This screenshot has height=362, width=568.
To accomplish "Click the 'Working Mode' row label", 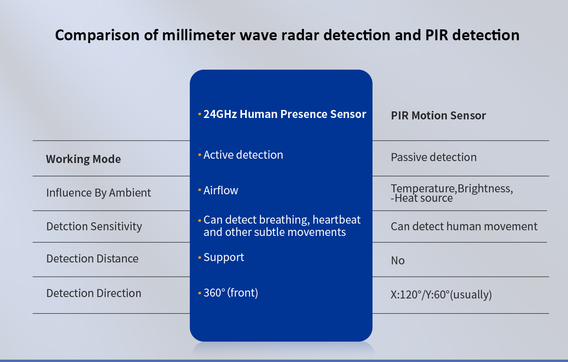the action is pyautogui.click(x=83, y=159).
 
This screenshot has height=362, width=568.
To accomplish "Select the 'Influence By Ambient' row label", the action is pyautogui.click(x=98, y=193).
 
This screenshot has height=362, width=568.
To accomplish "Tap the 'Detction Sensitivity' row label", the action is pyautogui.click(x=94, y=226).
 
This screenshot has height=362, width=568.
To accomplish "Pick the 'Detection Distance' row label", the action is pyautogui.click(x=92, y=259).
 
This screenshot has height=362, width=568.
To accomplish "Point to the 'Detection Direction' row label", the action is pyautogui.click(x=94, y=293).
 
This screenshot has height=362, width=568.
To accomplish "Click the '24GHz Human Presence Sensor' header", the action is pyautogui.click(x=285, y=114).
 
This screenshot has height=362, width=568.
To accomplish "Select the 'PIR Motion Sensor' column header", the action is pyautogui.click(x=438, y=116).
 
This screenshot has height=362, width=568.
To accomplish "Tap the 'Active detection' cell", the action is pyautogui.click(x=243, y=155).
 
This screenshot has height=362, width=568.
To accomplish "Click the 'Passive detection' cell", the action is pyautogui.click(x=434, y=157).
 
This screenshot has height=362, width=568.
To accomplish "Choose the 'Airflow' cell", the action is pyautogui.click(x=221, y=190).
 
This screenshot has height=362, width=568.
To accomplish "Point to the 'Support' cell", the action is pyautogui.click(x=223, y=258).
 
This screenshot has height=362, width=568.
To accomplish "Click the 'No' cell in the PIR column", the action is pyautogui.click(x=398, y=261).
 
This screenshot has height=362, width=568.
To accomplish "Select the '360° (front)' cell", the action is pyautogui.click(x=231, y=293).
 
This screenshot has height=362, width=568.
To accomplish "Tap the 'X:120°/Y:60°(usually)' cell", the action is pyautogui.click(x=441, y=295).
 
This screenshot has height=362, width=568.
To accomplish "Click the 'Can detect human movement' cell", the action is pyautogui.click(x=464, y=226).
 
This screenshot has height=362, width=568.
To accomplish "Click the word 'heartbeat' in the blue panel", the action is pyautogui.click(x=337, y=220).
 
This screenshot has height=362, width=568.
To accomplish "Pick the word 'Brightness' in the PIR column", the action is pyautogui.click(x=484, y=189).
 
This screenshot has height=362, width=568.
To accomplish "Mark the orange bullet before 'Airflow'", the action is pyautogui.click(x=200, y=190).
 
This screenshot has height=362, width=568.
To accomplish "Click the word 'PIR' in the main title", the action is pyautogui.click(x=436, y=35).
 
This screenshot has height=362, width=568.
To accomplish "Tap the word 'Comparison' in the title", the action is pyautogui.click(x=97, y=36).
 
